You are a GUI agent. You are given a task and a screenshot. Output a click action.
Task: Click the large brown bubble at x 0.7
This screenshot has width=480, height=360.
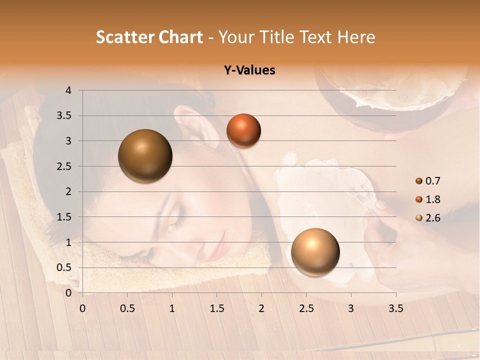click(145, 156)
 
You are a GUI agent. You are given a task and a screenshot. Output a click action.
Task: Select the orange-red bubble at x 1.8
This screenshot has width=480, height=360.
click(243, 131)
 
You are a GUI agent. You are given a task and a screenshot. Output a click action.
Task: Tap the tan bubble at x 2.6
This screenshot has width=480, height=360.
click(315, 252)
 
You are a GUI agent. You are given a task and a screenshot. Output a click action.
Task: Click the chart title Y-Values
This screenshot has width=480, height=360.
click(249, 70)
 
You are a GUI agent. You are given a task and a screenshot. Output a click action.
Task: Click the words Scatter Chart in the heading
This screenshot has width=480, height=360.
click(149, 37)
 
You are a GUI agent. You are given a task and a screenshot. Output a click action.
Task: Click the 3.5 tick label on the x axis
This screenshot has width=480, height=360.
click(395, 308)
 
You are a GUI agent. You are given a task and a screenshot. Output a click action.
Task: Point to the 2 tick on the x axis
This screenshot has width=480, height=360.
click(261, 308)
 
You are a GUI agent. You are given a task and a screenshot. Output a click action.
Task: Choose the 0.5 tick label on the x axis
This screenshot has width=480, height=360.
click(127, 308)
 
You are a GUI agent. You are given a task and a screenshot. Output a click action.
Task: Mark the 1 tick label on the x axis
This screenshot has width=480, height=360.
click(172, 308)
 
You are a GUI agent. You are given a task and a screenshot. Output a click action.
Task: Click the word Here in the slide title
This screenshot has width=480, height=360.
click(355, 37)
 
